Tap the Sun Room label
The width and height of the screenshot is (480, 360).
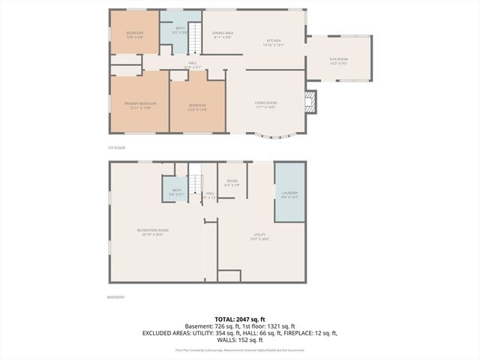click(x=338, y=59)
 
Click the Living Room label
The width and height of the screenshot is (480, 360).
click(x=266, y=104)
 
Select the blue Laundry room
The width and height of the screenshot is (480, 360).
click(x=289, y=193)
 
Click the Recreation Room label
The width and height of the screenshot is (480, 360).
click(x=152, y=231)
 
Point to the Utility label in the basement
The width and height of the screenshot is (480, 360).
click(x=259, y=237)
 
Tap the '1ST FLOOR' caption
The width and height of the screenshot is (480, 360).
click(x=116, y=148)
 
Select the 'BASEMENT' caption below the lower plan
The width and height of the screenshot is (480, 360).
click(x=115, y=297)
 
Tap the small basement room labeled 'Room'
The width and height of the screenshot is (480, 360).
click(x=232, y=182)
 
